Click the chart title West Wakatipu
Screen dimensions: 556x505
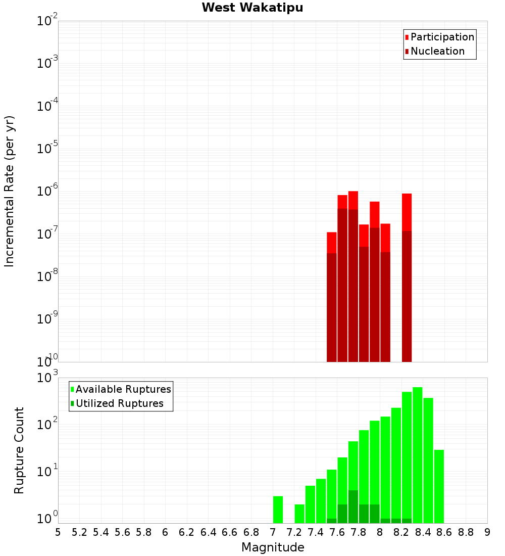pyautogui.click(x=252, y=8)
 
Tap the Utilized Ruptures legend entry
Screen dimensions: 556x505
pyautogui.click(x=119, y=403)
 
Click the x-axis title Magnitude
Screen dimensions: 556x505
pyautogui.click(x=273, y=547)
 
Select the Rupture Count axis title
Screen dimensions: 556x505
pyautogui.click(x=19, y=450)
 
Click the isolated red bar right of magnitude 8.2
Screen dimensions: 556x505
pyautogui.click(x=407, y=212)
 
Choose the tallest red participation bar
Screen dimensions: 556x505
pyautogui.click(x=353, y=200)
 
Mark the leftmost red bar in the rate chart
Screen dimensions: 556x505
pyautogui.click(x=332, y=243)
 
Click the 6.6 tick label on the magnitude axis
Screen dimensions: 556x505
pyautogui.click(x=230, y=532)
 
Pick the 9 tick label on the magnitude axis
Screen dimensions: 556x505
pyautogui.click(x=487, y=532)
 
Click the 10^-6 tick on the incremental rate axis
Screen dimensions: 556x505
pyautogui.click(x=47, y=192)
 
